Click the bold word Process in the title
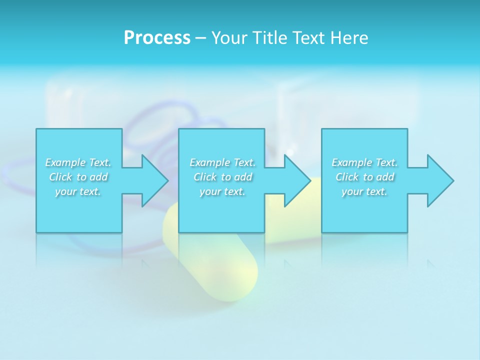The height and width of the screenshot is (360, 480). coord(157,38)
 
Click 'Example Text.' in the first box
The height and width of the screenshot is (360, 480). coord(78,162)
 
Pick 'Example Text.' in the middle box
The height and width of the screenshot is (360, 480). coord(222,162)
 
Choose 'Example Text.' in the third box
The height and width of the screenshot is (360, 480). coord(364,162)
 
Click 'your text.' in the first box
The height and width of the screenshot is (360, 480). coord(78,191)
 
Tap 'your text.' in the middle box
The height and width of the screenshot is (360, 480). coord(222,191)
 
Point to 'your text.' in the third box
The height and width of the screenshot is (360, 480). coord(364,191)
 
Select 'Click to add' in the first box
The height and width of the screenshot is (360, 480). coord(78,177)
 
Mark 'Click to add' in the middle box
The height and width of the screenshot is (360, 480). coord(222,177)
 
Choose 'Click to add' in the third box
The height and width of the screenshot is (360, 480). coord(364,177)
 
